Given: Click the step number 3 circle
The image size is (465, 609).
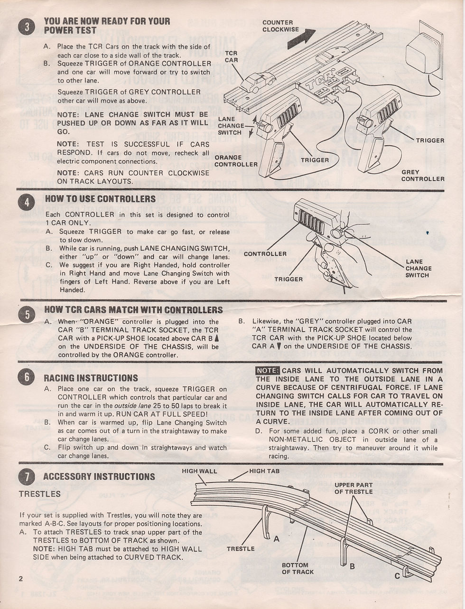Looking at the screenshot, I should [x=27, y=27].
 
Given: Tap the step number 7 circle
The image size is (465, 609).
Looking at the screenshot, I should [x=27, y=476].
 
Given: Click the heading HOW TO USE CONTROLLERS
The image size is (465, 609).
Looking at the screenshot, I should [x=100, y=199].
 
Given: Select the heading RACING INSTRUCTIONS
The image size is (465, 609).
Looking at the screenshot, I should [x=91, y=378].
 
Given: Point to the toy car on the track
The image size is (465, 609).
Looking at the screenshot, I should [x=258, y=82].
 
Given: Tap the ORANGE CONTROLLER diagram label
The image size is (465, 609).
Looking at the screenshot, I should [x=236, y=161].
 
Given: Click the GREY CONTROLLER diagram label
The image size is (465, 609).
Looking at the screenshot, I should [x=422, y=175].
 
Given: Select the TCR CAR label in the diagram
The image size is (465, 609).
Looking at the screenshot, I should [x=231, y=57].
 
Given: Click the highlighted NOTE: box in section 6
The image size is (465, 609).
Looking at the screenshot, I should [x=268, y=370].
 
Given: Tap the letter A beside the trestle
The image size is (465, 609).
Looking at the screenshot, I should [x=276, y=539].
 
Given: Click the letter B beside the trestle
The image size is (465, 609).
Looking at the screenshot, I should [x=352, y=566].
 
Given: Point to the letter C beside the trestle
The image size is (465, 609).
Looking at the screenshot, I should [x=397, y=576].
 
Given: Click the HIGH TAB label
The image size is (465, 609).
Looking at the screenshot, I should [x=264, y=471].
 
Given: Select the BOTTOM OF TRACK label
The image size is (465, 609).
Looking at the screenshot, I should [x=298, y=568].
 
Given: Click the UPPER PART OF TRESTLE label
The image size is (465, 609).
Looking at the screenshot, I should [x=353, y=488].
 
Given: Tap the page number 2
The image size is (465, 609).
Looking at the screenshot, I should [x=20, y=578].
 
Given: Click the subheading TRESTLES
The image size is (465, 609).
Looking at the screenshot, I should [x=39, y=494].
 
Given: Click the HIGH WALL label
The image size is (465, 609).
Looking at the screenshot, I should [x=199, y=471].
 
